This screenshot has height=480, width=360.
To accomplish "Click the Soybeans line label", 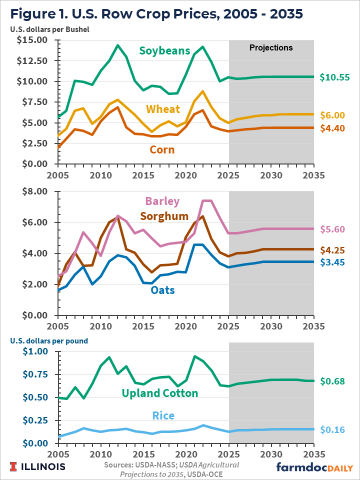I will click(164, 50).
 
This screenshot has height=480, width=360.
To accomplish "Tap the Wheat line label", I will click(163, 109).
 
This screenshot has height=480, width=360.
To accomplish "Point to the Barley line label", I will click(162, 201).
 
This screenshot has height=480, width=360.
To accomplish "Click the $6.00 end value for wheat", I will click(333, 115).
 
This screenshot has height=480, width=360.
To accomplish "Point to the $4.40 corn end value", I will click(333, 128).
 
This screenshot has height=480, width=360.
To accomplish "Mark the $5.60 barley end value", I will click(333, 229).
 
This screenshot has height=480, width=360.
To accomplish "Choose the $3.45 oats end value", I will click(333, 262).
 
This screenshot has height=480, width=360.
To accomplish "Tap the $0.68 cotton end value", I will click(333, 381).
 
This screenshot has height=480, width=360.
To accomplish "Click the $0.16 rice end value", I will click(333, 429).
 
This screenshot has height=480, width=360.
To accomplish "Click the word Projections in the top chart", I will click(271, 48).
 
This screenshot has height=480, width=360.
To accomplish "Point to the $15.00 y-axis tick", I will click(32, 40).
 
